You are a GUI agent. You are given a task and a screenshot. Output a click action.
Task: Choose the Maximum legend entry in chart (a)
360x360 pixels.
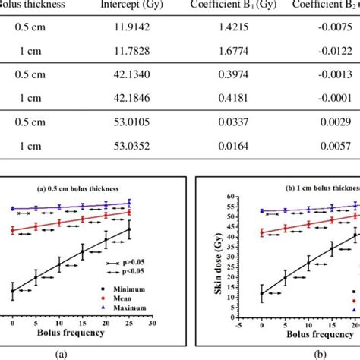point(129,309)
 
